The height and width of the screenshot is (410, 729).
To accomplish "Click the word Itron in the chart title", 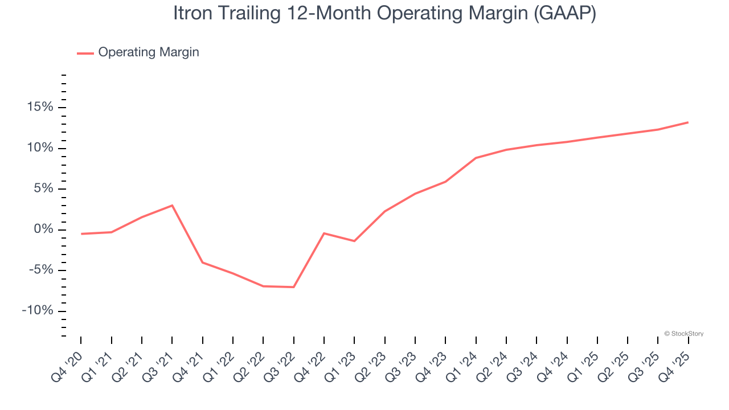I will (x=192, y=13).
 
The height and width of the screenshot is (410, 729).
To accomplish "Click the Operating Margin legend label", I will (x=149, y=52).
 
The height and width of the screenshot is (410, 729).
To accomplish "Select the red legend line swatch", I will (x=85, y=53).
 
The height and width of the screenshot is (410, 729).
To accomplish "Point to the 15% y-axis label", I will (x=39, y=108).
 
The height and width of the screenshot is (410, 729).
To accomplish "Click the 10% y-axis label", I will (x=39, y=149).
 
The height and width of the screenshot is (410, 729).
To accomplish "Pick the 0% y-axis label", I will (x=43, y=230).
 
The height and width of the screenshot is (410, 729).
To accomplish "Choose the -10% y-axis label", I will (x=38, y=311).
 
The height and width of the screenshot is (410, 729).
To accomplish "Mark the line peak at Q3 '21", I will (x=172, y=206).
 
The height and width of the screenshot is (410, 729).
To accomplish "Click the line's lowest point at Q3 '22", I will (x=293, y=287).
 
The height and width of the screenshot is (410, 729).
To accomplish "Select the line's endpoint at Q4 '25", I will (x=688, y=122).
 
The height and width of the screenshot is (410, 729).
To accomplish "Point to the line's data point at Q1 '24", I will (x=476, y=158).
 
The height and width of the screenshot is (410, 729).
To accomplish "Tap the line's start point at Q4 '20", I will (x=81, y=234).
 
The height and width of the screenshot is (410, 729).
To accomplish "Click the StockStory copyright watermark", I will (x=683, y=334).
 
